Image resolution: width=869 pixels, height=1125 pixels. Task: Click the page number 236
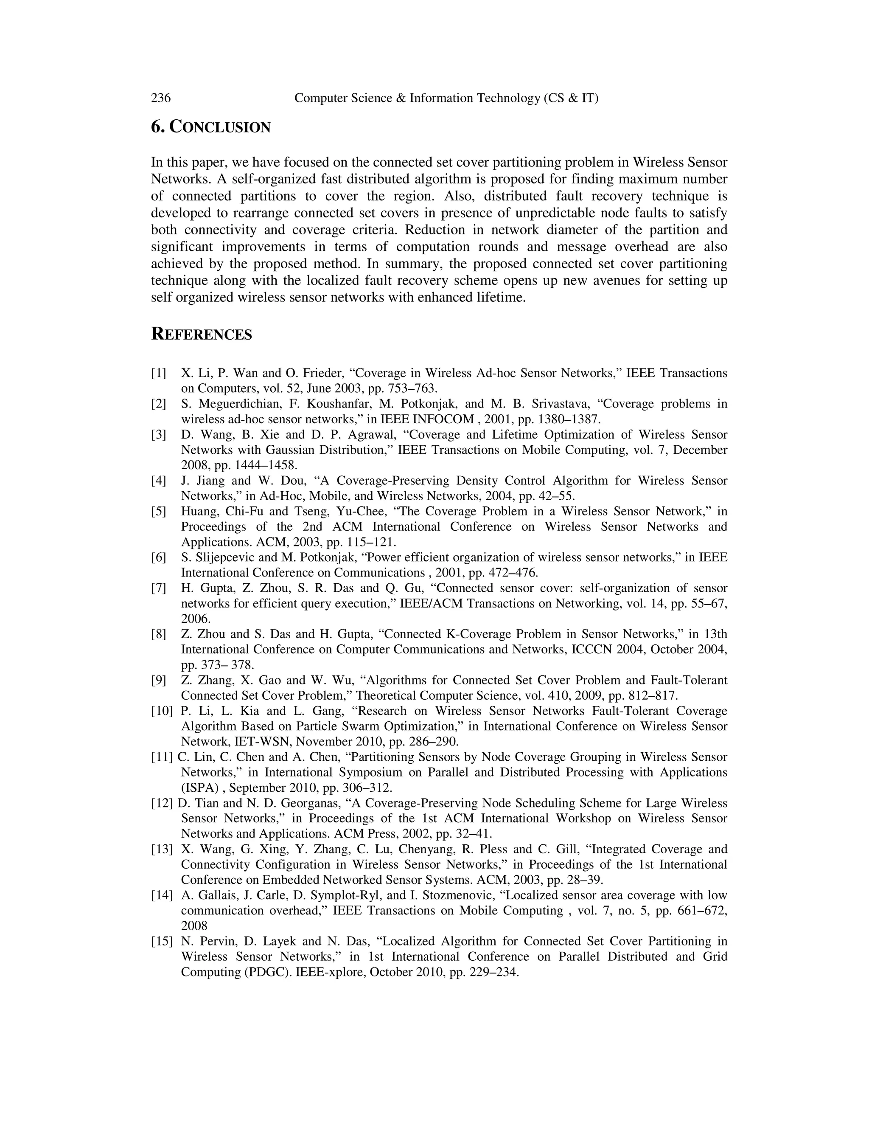point(161,98)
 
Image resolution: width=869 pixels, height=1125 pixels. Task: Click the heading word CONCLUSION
point(220,127)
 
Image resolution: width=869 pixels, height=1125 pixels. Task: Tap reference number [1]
point(159,373)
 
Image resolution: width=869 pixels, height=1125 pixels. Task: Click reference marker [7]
point(159,588)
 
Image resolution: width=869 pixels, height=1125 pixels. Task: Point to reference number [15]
point(162,942)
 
